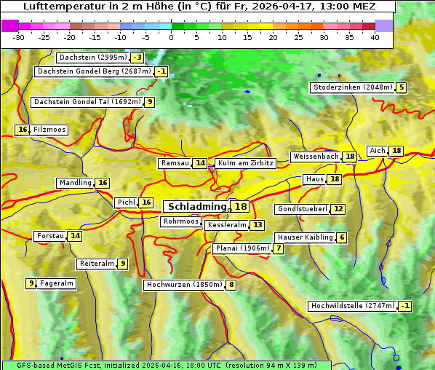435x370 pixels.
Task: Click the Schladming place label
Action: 197,207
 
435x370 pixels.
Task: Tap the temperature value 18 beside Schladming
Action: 241,207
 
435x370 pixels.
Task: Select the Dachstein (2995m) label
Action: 92,58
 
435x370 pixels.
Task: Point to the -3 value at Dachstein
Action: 137,58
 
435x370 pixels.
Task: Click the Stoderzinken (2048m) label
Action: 352,87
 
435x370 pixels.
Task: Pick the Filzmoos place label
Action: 49,130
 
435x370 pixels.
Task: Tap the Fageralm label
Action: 56,283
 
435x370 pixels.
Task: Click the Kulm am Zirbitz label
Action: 245,163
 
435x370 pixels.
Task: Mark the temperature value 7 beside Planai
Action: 279,248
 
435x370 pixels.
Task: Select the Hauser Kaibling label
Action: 305,237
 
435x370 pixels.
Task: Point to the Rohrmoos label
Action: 180,221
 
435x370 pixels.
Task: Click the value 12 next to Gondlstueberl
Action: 338,209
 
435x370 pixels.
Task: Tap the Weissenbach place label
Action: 315,157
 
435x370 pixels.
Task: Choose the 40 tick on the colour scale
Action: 375,37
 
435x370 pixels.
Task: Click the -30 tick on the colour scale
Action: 18,37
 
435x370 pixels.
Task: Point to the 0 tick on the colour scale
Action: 171,37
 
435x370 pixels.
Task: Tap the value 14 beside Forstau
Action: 75,236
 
